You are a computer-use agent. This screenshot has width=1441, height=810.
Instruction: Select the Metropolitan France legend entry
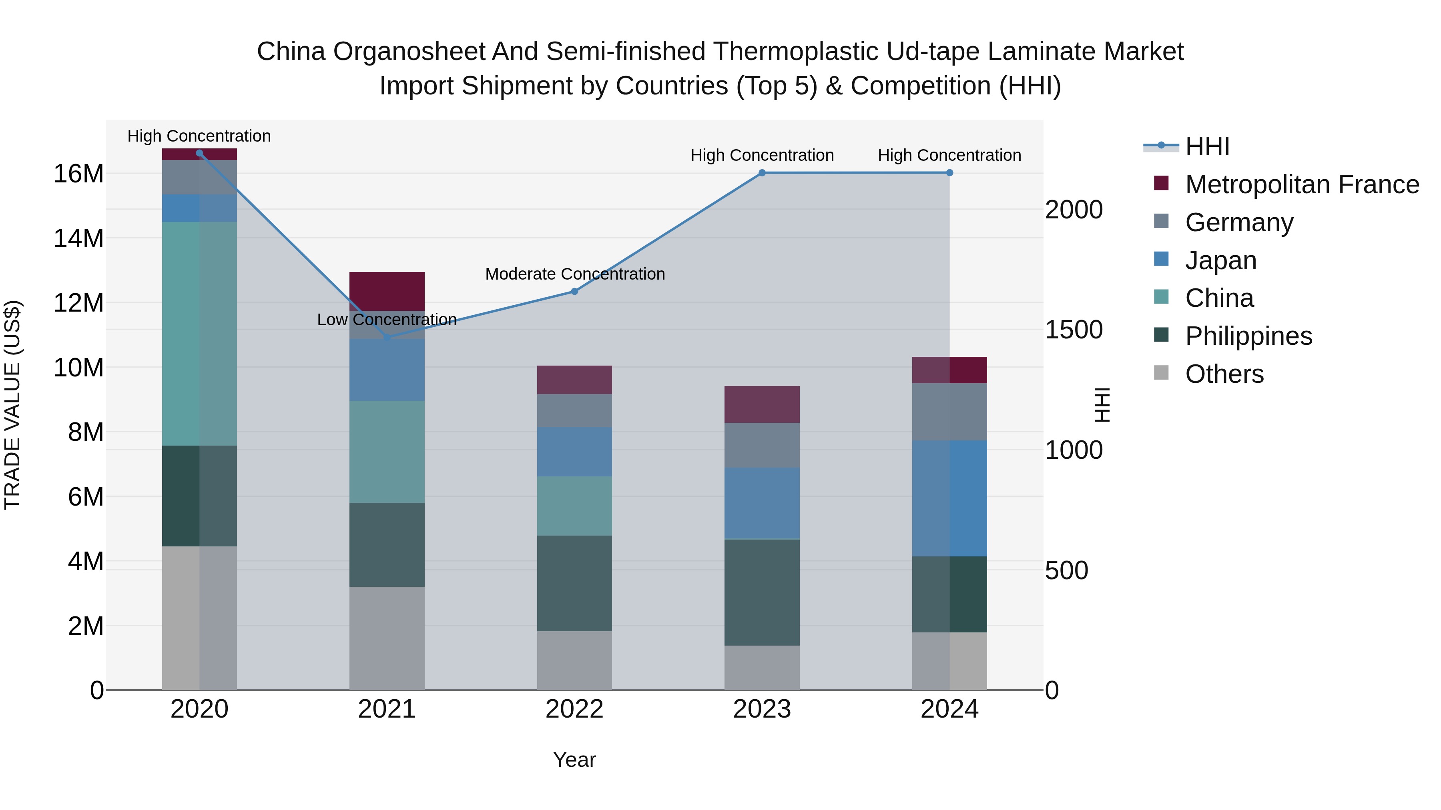(1301, 184)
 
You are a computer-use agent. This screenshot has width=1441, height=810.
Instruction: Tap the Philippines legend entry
(1248, 336)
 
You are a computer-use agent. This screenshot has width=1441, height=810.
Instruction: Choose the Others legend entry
(1224, 374)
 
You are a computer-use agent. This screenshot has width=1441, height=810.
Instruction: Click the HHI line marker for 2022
(574, 291)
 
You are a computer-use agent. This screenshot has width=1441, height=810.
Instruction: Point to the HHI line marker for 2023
(762, 173)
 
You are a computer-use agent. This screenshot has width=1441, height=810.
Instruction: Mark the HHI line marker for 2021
(387, 338)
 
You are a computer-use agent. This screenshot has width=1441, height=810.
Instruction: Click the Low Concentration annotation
(387, 320)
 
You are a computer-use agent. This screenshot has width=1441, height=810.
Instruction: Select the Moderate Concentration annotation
(574, 274)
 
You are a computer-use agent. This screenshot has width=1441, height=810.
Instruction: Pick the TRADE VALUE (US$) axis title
(12, 405)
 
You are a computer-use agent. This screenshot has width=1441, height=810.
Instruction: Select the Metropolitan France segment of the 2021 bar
(387, 291)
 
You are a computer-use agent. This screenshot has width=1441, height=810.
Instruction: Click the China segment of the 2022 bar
(574, 506)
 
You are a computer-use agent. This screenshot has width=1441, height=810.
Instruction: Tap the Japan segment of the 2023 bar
(762, 503)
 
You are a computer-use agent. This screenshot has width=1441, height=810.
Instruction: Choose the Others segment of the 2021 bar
(387, 638)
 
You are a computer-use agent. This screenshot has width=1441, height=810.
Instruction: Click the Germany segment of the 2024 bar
(949, 412)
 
